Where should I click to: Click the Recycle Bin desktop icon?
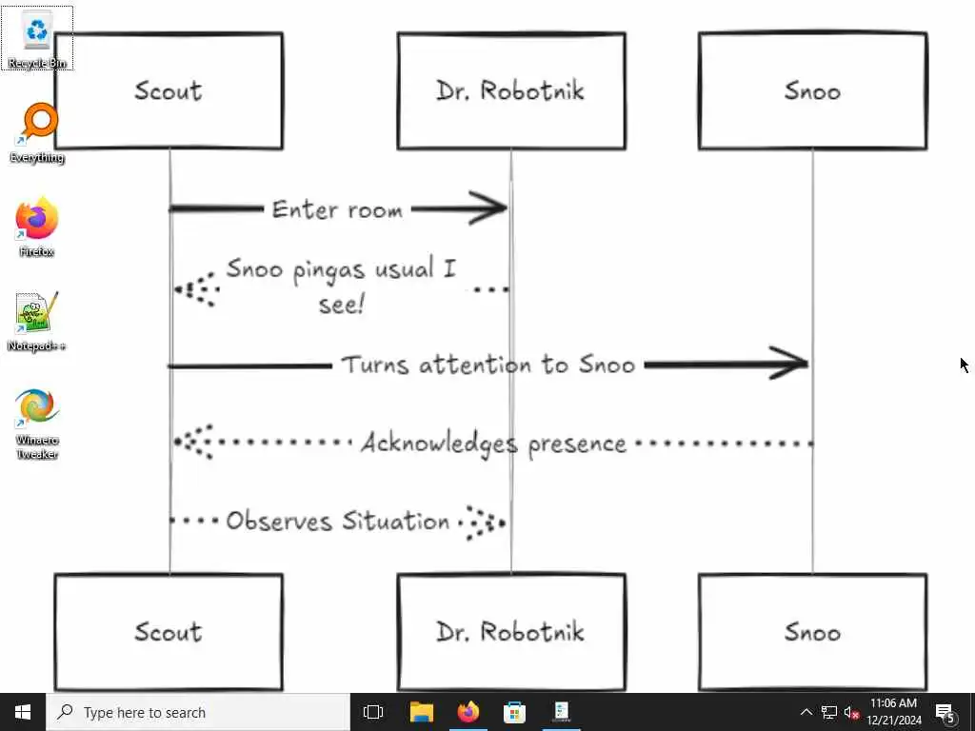pyautogui.click(x=37, y=36)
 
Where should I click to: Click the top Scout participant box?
pyautogui.click(x=169, y=91)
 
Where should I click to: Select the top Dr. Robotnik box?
pyautogui.click(x=510, y=91)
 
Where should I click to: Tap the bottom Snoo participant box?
pyautogui.click(x=812, y=632)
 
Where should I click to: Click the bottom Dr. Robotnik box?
pyautogui.click(x=510, y=632)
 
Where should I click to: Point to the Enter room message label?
pyautogui.click(x=337, y=209)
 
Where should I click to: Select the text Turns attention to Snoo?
pyautogui.click(x=487, y=365)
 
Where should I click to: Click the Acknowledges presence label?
pyautogui.click(x=493, y=444)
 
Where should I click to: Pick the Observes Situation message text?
pyautogui.click(x=337, y=522)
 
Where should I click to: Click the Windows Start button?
pyautogui.click(x=23, y=712)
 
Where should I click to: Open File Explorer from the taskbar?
pyautogui.click(x=421, y=712)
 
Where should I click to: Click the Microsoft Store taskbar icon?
pyautogui.click(x=514, y=712)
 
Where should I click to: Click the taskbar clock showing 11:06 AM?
pyautogui.click(x=894, y=712)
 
